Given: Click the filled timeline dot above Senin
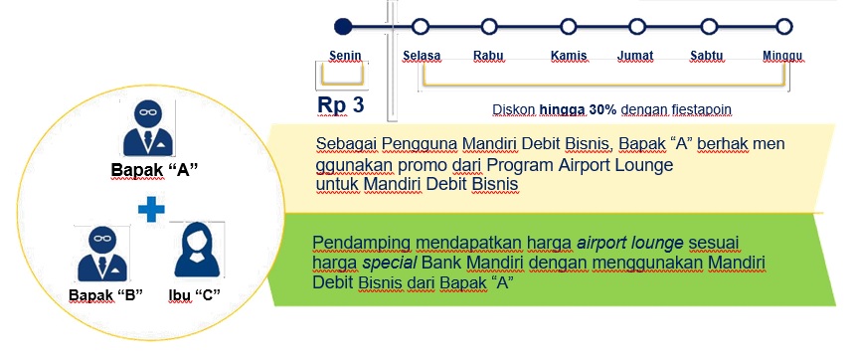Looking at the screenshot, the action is pos(343,26).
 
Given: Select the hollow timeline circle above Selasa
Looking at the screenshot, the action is pos(420,26).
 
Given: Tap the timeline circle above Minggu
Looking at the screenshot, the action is pos(784,26).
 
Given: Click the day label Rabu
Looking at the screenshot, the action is pos(488,56).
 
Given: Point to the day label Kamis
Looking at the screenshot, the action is pos(569,56).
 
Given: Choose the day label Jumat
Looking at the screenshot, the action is pos(635,56).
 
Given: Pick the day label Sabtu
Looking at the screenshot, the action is pos(707,56).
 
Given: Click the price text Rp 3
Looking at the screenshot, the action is pos(341,105).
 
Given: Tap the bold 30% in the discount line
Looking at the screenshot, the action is pos(602,109).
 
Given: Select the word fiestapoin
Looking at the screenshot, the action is pos(706,109).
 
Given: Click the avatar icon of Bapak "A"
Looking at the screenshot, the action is pos(148,129).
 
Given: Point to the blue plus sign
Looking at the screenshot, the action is pos(151,210).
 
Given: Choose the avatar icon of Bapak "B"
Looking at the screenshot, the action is pos(102,254).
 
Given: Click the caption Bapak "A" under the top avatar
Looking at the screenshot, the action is pos(154,170).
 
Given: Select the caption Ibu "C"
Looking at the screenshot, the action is pos(194,295).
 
